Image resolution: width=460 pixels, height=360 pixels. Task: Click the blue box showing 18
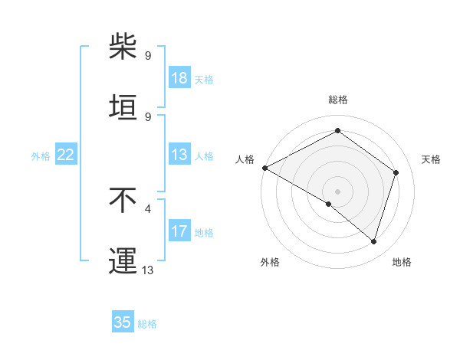point(179,78)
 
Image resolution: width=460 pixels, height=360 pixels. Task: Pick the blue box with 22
point(66,155)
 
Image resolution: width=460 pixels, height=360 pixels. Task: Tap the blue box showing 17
point(179,231)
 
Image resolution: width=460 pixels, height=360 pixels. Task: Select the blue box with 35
point(123,322)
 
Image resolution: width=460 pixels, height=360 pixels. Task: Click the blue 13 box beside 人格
point(179,155)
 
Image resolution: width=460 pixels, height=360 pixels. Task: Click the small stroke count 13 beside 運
point(148,270)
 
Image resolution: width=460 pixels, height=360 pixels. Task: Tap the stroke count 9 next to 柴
point(148,55)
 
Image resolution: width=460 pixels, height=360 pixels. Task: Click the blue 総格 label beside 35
point(147,324)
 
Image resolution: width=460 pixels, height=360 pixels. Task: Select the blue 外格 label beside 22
point(41,156)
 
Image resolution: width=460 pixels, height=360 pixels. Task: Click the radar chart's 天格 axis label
point(431,159)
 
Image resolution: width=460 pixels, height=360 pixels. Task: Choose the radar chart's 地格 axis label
point(402,262)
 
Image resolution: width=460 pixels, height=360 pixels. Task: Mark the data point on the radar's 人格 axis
point(264,168)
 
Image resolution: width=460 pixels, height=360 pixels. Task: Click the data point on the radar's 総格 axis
point(337,131)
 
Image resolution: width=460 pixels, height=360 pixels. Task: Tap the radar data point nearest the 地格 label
point(373,241)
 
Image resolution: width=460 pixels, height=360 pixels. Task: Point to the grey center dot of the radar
point(337,191)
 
